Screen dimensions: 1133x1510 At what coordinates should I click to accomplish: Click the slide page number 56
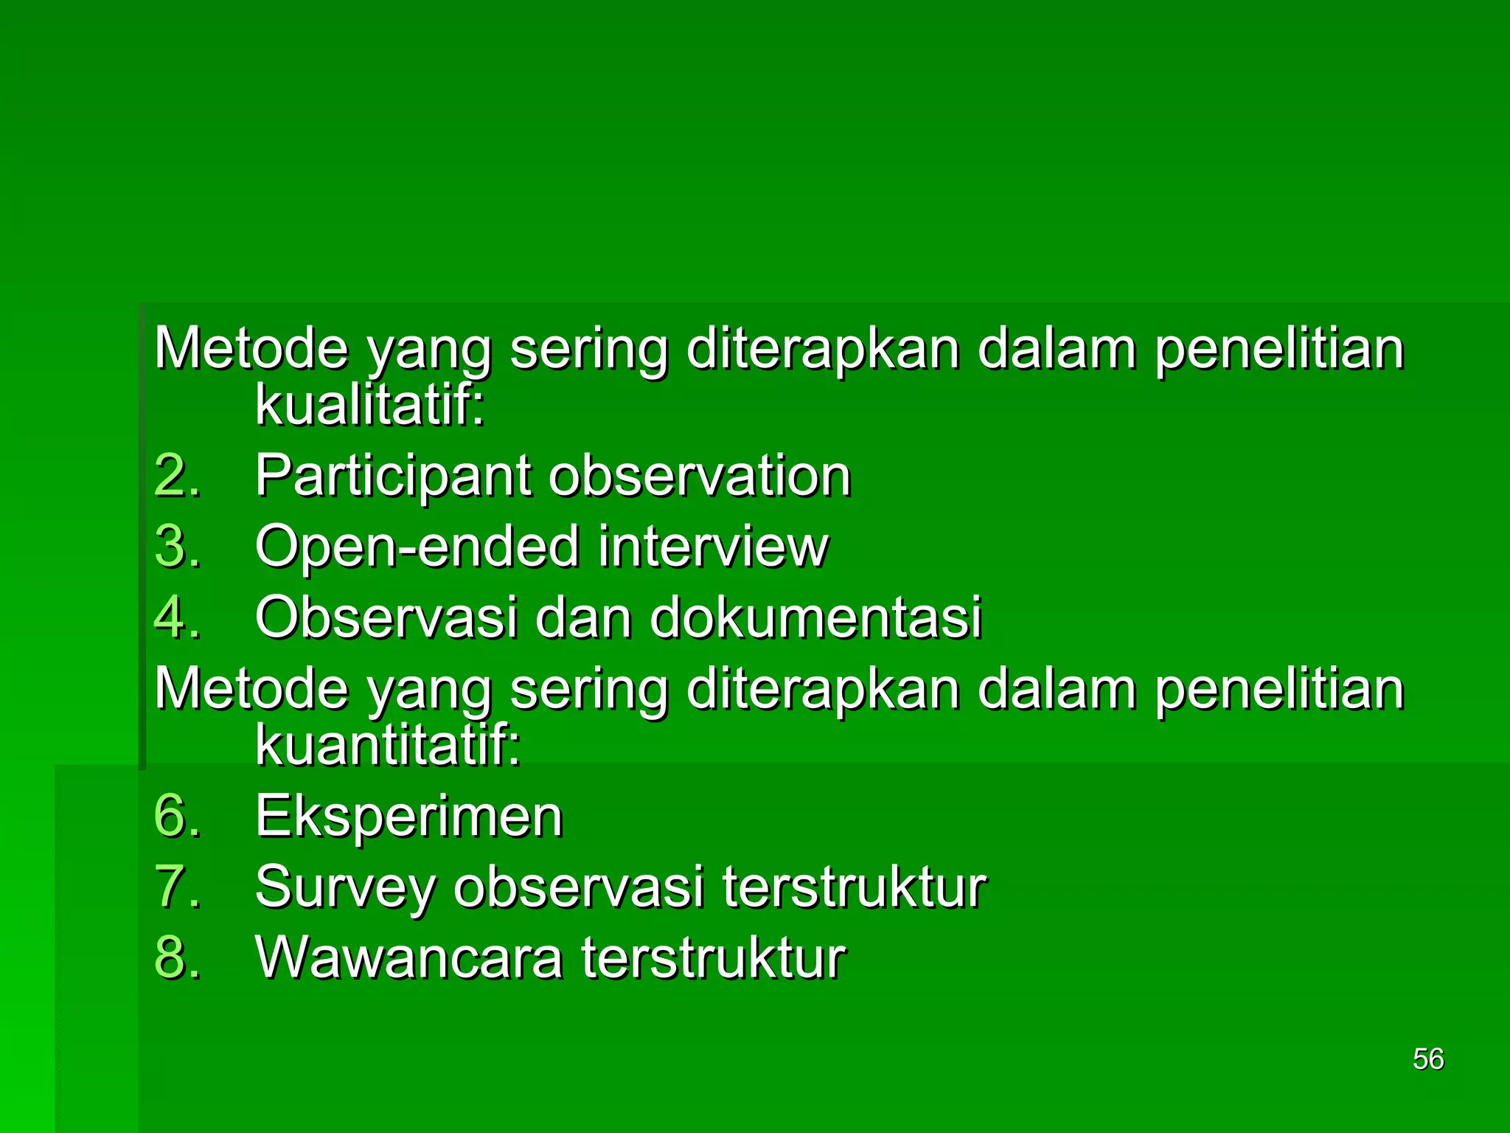coord(1427,1059)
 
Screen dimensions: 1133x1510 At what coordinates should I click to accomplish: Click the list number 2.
coord(177,476)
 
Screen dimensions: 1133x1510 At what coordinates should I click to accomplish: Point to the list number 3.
coord(177,547)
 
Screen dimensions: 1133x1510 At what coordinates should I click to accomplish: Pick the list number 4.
coord(177,617)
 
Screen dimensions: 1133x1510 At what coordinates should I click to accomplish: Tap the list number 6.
coord(177,817)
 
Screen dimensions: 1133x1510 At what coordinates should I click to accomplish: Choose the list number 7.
coord(177,887)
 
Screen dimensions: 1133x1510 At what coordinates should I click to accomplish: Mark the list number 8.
coord(177,957)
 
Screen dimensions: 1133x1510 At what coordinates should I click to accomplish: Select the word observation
coord(700,476)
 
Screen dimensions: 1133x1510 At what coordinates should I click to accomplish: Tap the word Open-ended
coord(417,548)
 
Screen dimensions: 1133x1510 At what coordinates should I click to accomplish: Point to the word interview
coord(713,547)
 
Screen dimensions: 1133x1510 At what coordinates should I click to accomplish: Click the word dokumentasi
coord(815,617)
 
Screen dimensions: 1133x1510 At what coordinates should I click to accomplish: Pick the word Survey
coord(345,888)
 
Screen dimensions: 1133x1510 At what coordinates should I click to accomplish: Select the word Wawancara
coord(408,957)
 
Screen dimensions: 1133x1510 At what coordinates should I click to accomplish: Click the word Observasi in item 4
coord(386,617)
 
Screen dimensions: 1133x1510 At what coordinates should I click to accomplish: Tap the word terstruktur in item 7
coord(854,887)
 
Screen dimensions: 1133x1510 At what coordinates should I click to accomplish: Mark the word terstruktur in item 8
coord(713,957)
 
